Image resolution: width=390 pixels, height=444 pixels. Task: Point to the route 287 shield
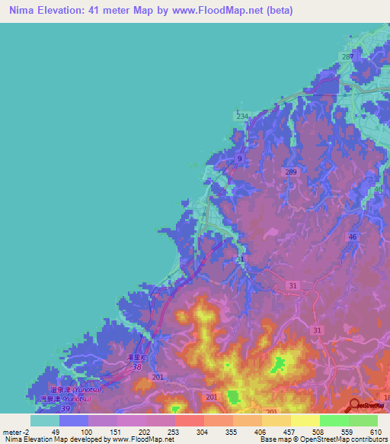(348, 58)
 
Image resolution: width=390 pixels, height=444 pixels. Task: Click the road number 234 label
(241, 116)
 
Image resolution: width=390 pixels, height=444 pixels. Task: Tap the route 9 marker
(240, 159)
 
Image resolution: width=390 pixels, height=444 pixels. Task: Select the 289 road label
(291, 173)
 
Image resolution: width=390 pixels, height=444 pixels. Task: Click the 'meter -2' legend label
(18, 431)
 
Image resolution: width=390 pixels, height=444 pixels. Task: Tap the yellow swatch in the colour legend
(305, 420)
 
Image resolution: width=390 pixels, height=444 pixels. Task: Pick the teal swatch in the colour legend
(44, 420)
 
